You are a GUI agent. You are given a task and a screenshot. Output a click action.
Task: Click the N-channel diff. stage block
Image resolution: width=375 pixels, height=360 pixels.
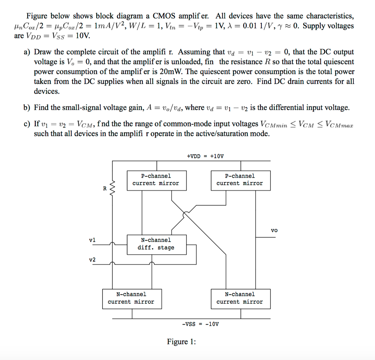click(156, 244)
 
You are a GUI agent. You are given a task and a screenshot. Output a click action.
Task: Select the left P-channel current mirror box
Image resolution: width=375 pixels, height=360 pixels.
click(156, 180)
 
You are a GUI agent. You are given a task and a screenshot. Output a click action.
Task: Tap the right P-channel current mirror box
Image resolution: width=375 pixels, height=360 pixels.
click(240, 180)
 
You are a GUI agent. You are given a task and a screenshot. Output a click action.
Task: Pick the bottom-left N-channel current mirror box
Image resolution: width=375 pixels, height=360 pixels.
click(131, 298)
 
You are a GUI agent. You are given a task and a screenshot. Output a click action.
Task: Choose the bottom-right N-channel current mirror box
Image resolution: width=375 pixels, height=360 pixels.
click(240, 298)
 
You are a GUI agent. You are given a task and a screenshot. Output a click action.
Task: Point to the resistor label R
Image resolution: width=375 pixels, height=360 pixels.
click(105, 189)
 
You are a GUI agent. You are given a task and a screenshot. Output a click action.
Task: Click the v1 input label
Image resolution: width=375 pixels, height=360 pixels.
click(92, 240)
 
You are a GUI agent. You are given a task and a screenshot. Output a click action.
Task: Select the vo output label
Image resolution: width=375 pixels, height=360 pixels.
click(274, 230)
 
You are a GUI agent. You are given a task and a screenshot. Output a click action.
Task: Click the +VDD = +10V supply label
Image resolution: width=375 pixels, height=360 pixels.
click(205, 156)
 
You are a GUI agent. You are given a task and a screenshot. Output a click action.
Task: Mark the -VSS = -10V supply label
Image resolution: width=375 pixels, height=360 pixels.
click(200, 324)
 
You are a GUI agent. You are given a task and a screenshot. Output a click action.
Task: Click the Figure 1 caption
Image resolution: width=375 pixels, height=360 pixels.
click(181, 342)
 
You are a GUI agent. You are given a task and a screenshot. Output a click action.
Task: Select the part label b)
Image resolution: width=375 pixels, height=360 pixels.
click(27, 108)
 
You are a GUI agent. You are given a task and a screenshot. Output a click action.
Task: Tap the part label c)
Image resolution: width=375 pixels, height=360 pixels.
click(27, 124)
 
